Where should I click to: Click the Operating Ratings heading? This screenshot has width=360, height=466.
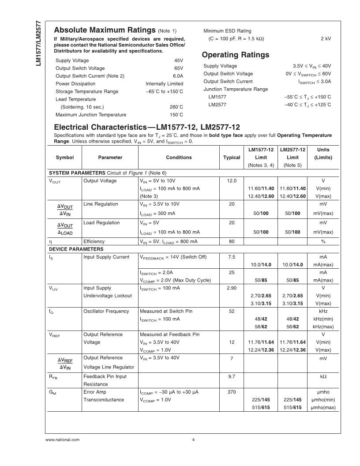click(x=235, y=55)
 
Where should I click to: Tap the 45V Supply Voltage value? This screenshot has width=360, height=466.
click(x=178, y=60)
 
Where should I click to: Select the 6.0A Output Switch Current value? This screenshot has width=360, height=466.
click(x=177, y=76)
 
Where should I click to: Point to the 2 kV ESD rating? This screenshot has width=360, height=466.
click(x=326, y=38)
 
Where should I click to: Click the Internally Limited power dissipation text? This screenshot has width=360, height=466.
click(x=164, y=84)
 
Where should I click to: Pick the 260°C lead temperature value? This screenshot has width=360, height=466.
click(x=176, y=107)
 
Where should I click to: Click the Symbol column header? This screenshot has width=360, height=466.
click(x=65, y=158)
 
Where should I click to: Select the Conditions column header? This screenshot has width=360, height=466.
click(x=179, y=158)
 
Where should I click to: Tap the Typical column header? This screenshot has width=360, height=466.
click(x=232, y=158)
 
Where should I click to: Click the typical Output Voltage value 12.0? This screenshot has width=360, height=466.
click(x=232, y=181)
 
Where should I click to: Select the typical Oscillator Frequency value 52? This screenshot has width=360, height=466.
click(x=232, y=312)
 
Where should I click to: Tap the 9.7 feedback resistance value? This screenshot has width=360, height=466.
click(x=232, y=376)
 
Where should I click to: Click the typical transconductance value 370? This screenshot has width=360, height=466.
click(x=232, y=392)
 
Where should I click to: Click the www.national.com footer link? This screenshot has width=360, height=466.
click(x=63, y=440)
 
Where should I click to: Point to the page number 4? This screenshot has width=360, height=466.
click(x=194, y=440)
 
